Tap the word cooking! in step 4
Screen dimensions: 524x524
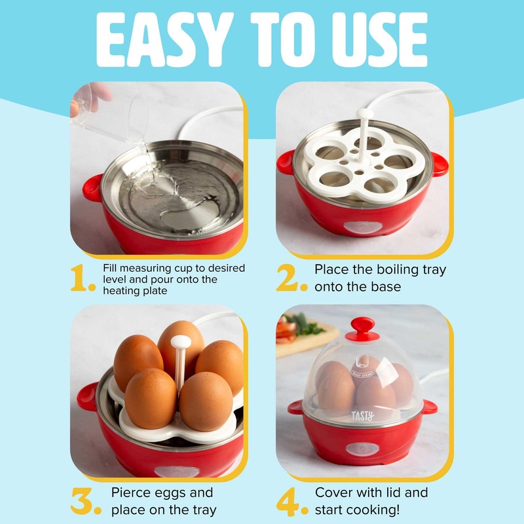coord(376,508)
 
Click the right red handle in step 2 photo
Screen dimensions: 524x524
coord(440,164)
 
